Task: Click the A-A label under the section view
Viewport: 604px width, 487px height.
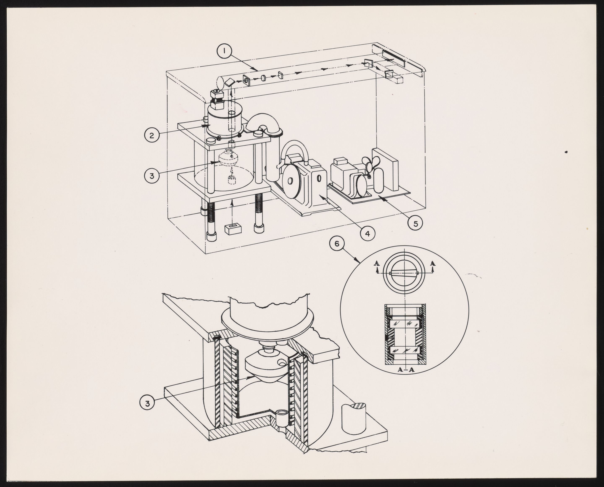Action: point(406,369)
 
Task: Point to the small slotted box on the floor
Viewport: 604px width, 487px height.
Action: point(233,229)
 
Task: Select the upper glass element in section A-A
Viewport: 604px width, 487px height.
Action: point(406,323)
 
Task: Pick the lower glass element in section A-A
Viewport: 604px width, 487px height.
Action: point(406,350)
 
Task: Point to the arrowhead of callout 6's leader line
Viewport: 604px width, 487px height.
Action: point(359,261)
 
